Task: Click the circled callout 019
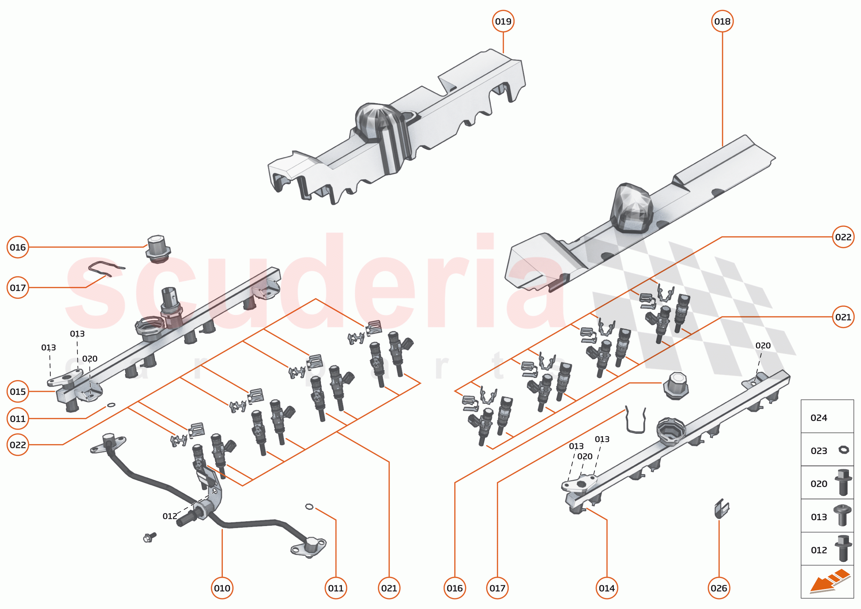pos(503,21)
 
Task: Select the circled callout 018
pos(722,21)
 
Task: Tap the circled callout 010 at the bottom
pos(222,588)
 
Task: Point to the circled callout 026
pos(719,588)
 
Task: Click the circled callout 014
pos(606,588)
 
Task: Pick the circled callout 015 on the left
pos(18,391)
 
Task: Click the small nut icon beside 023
pos(843,450)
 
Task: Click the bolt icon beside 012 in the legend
pos(843,549)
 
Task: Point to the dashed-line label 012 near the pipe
pos(169,516)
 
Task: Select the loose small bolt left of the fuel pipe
pos(150,537)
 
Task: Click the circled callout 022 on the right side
pos(843,237)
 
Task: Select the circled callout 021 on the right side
pos(843,317)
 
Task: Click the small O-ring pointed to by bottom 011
pos(309,507)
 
